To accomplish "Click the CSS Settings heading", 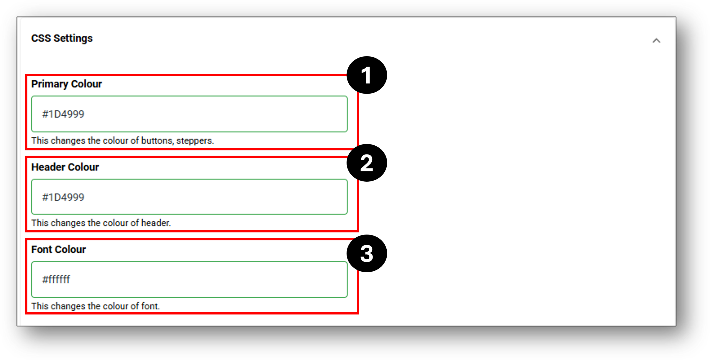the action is (x=62, y=38).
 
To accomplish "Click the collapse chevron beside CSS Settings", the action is (x=656, y=41).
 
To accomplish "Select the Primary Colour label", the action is (x=67, y=84).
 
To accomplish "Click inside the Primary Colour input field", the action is (x=189, y=114).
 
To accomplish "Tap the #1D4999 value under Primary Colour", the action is (x=63, y=114).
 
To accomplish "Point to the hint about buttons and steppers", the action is (x=123, y=141).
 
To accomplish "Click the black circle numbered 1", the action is (x=367, y=75).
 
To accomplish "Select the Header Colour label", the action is (x=65, y=167).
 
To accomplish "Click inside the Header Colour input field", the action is (x=189, y=197).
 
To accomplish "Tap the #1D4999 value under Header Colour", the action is (x=63, y=197).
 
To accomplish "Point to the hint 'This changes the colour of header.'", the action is (x=101, y=223).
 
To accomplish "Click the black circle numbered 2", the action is (x=367, y=163).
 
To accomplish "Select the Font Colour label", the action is (x=59, y=249).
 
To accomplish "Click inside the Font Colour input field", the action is (x=189, y=279).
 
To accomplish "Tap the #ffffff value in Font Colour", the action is (x=56, y=279).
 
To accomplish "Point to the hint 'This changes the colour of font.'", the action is (x=95, y=306).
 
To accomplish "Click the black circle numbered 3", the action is (x=367, y=253).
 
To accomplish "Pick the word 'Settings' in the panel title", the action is (x=73, y=39).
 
